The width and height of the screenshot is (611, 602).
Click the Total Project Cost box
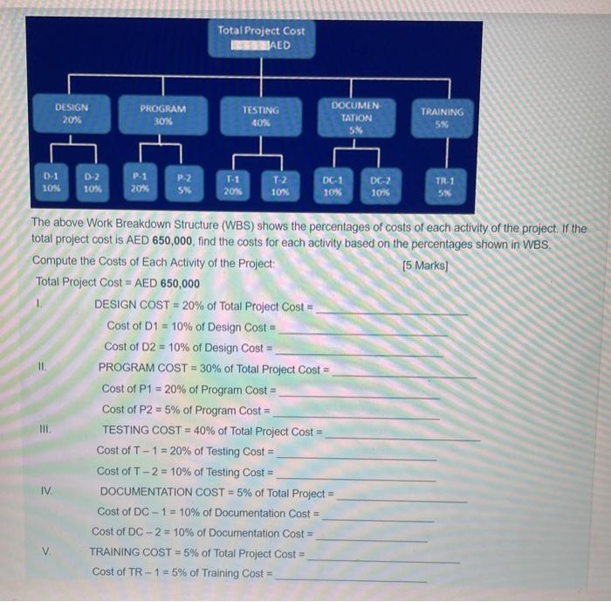click(261, 38)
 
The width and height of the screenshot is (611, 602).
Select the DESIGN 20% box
click(71, 114)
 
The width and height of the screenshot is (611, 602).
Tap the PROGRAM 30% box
click(163, 115)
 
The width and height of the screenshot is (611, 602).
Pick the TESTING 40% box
click(261, 117)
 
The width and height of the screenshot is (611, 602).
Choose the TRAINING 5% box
click(443, 118)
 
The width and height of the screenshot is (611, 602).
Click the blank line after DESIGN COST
click(391, 311)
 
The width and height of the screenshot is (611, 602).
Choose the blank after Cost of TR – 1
click(352, 578)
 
